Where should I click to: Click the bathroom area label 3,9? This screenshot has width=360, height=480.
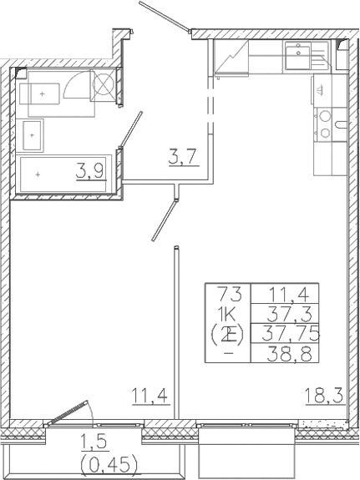point(92,171)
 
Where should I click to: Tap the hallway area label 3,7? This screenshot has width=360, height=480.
point(183,154)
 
